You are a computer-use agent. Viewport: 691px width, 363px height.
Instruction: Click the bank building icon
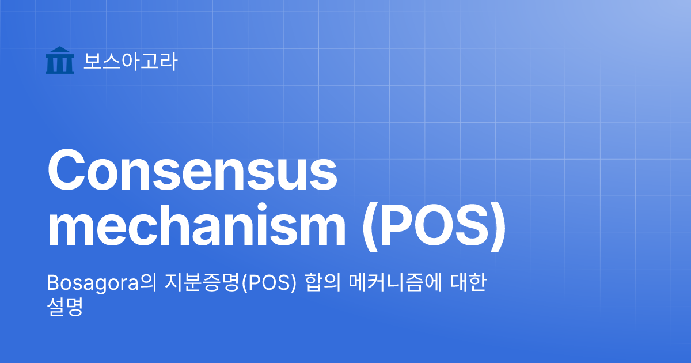(x=59, y=60)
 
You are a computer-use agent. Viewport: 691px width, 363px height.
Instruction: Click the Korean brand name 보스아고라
(x=130, y=61)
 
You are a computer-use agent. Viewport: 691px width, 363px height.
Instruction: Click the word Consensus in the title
(x=192, y=171)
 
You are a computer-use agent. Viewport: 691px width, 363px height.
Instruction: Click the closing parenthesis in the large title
(x=499, y=227)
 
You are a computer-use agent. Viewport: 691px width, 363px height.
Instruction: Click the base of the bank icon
(x=59, y=71)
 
